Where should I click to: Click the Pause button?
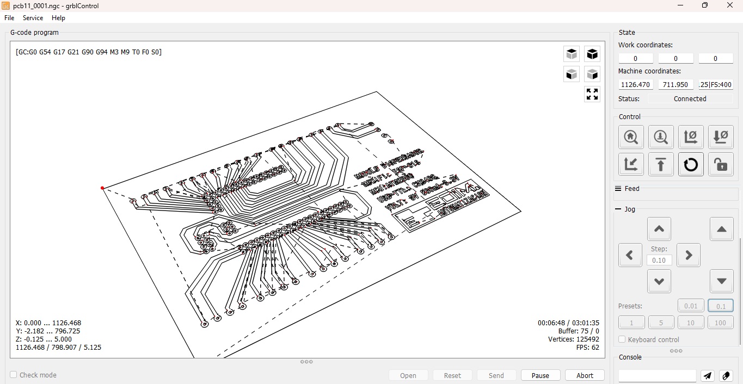click(x=540, y=375)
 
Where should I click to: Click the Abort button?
click(x=585, y=375)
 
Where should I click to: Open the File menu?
click(x=9, y=18)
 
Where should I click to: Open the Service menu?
click(x=33, y=18)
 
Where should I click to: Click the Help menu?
click(x=58, y=18)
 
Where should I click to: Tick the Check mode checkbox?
click(x=14, y=375)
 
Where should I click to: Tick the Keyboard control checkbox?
click(x=622, y=339)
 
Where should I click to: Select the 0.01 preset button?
click(x=691, y=306)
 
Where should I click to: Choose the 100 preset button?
click(x=720, y=323)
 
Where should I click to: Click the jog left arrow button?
click(x=630, y=255)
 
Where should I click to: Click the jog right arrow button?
click(x=688, y=255)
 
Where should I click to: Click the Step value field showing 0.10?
click(x=659, y=260)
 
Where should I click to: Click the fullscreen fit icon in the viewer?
click(x=592, y=94)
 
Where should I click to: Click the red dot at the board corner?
click(x=102, y=188)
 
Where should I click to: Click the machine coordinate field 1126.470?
click(x=636, y=84)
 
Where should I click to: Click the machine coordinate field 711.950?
click(x=676, y=84)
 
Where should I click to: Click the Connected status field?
click(x=690, y=98)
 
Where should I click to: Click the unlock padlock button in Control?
click(x=721, y=164)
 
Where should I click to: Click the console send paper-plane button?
click(x=707, y=376)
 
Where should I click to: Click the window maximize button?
click(x=705, y=5)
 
